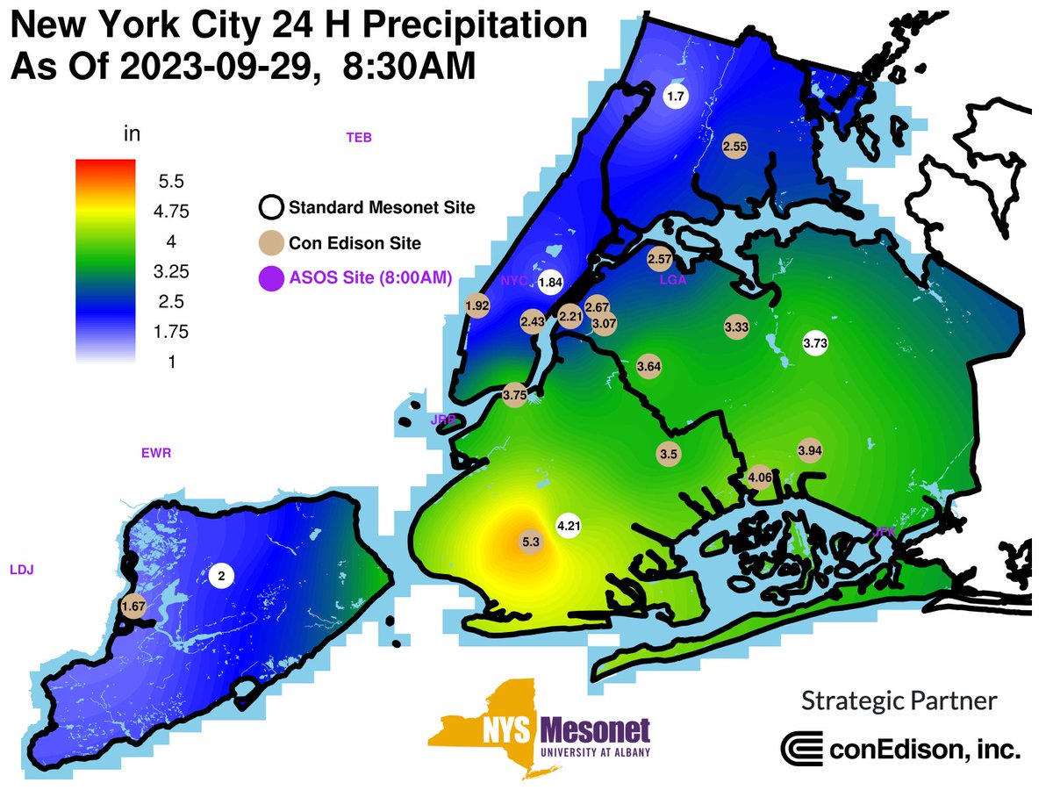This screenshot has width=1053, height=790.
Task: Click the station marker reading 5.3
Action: pyautogui.click(x=530, y=542)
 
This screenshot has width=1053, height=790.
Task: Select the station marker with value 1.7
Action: pyautogui.click(x=675, y=97)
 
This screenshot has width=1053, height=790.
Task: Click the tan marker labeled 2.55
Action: pyautogui.click(x=734, y=147)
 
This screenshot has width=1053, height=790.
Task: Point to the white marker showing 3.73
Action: pyautogui.click(x=815, y=342)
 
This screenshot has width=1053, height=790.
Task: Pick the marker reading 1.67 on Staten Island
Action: pyautogui.click(x=133, y=606)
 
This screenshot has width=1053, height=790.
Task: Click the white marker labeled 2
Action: pyautogui.click(x=221, y=575)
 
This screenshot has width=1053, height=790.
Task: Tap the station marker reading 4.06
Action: pyautogui.click(x=759, y=478)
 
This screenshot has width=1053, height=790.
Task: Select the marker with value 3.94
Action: pyautogui.click(x=809, y=450)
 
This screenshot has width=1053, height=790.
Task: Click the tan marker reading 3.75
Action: pyautogui.click(x=514, y=396)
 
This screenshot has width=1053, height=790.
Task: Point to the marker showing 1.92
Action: pyautogui.click(x=476, y=305)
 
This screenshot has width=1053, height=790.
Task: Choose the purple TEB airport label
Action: pyautogui.click(x=359, y=137)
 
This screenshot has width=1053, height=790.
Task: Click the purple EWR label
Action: pyautogui.click(x=156, y=454)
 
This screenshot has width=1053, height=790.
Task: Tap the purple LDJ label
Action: pyautogui.click(x=21, y=570)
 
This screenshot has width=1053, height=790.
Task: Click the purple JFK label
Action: pyautogui.click(x=885, y=531)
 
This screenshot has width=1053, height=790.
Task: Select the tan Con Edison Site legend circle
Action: pyautogui.click(x=272, y=244)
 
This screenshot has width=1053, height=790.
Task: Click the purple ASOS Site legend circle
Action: pyautogui.click(x=272, y=279)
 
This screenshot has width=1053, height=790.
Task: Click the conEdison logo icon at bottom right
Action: pyautogui.click(x=799, y=749)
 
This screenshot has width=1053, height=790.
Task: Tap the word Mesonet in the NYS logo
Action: pyautogui.click(x=595, y=730)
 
